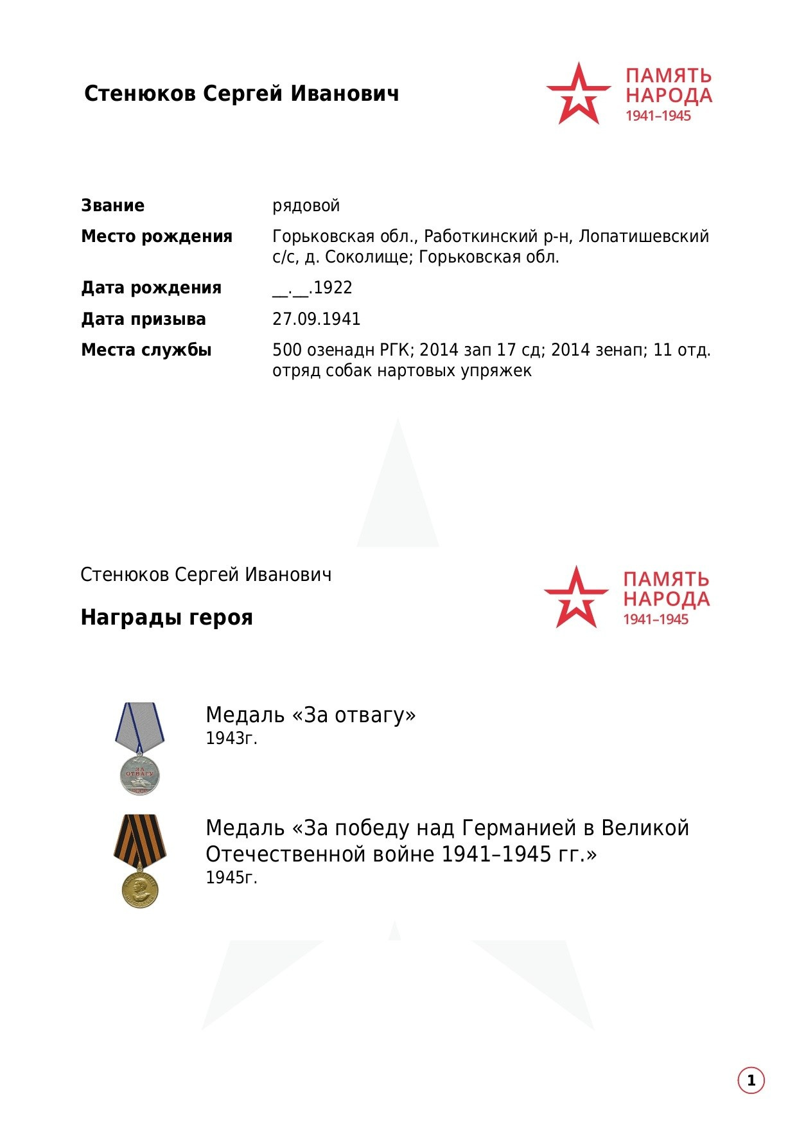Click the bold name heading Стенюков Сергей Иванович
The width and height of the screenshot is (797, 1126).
coord(241,94)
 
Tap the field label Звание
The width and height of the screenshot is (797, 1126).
coord(112,206)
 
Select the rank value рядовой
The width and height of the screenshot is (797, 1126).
coord(306,206)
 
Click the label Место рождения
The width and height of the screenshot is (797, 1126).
coord(156,237)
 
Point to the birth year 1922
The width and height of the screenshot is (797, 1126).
coord(333,288)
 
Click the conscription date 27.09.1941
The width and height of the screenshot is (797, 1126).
coord(316,319)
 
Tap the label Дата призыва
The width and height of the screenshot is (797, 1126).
coord(143,319)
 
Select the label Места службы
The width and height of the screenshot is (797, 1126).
coord(146,351)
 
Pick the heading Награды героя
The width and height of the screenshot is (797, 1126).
coord(166,618)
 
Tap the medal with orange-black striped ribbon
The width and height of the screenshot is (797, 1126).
coord(140,860)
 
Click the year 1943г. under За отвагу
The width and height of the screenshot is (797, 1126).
coord(231,739)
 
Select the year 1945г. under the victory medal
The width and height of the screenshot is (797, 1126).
coord(231,878)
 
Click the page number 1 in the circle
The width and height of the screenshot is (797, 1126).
coord(751,1081)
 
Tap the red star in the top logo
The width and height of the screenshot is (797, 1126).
coord(578,94)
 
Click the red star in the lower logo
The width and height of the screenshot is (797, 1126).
coord(575,598)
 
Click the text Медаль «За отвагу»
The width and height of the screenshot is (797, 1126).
coord(310,715)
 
